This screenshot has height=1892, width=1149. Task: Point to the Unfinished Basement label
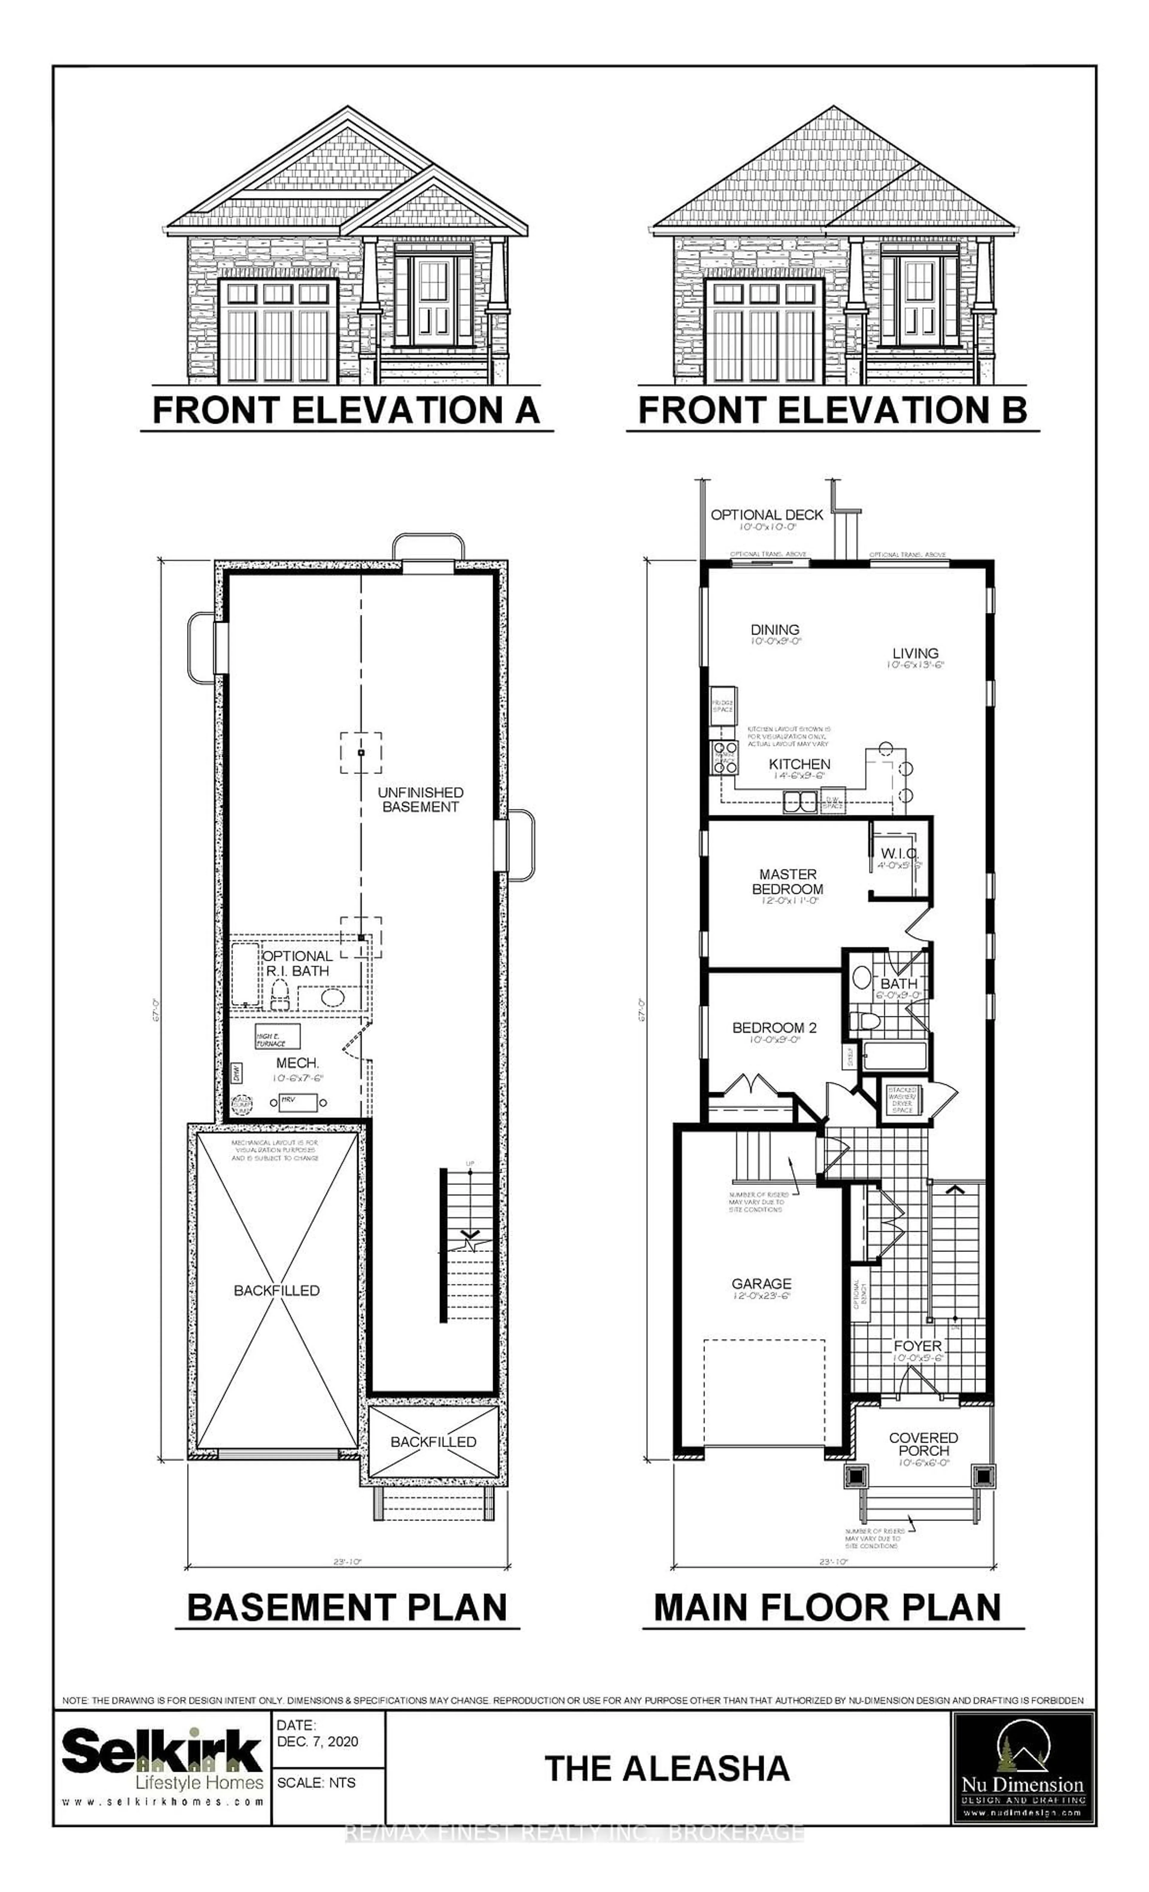[x=420, y=799]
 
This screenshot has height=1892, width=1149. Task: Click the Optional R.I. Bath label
[x=297, y=963]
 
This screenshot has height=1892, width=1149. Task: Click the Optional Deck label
[x=767, y=514]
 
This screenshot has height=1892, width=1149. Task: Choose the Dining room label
[x=775, y=630]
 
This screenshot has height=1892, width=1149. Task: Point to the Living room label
[x=915, y=654]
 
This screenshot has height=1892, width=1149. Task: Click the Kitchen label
[x=800, y=764]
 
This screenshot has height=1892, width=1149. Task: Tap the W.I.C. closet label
[x=899, y=853]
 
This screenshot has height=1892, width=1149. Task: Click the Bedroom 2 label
[x=774, y=1028]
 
